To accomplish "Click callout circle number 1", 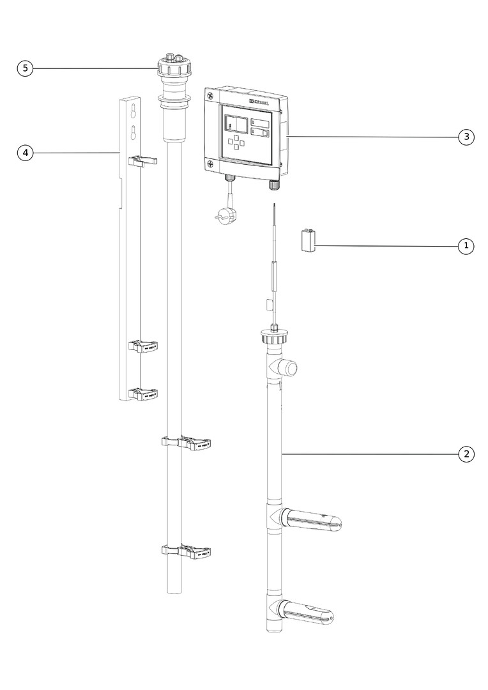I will click(x=466, y=246).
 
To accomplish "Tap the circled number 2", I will click(x=466, y=454).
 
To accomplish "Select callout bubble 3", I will click(x=466, y=137).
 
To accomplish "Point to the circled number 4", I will click(x=25, y=153).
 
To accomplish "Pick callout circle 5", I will click(x=25, y=68).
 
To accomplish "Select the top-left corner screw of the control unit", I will click(x=210, y=93).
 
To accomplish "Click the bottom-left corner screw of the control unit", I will click(x=210, y=164).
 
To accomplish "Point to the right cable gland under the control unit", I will click(x=274, y=185).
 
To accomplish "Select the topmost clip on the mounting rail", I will click(x=143, y=160).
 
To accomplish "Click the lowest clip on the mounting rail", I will click(x=144, y=393).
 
